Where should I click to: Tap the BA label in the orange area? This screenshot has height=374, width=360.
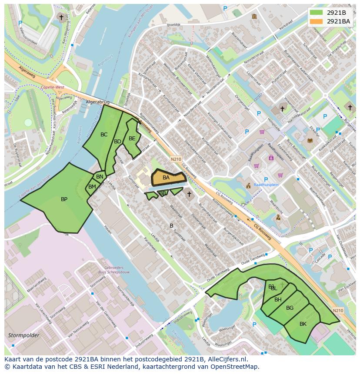tap(166, 178)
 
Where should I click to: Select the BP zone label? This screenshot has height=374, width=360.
tap(64, 199)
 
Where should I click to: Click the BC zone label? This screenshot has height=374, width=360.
tap(104, 135)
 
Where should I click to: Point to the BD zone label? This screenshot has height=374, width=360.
tap(117, 142)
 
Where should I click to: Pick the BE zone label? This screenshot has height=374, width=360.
tap(132, 139)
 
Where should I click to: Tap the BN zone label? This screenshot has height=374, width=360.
tap(100, 177)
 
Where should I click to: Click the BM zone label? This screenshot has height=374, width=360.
tap(92, 187)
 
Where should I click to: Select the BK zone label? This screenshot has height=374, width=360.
tap(303, 324)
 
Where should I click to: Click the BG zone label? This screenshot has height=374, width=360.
tap(290, 308)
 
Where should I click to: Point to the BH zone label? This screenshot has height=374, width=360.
tap(278, 300)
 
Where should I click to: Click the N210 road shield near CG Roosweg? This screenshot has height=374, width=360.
tap(176, 159)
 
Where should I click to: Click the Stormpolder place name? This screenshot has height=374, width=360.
tap(24, 335)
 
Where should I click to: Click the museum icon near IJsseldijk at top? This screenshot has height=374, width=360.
tap(254, 17)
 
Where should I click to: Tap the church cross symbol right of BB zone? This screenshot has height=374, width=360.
tap(189, 194)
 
